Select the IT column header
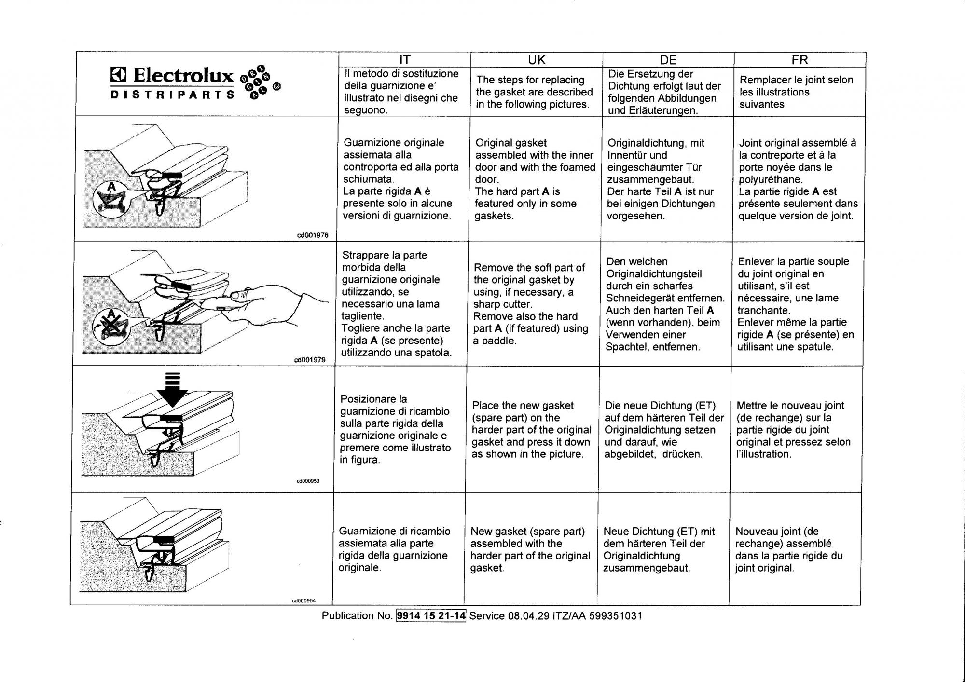404,60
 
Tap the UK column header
537,60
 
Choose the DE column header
668,60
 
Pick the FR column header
800,60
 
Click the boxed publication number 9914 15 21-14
431,616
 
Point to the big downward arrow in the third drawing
173,390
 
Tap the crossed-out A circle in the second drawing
112,321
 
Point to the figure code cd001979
310,360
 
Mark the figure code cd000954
304,601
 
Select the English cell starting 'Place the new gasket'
531,430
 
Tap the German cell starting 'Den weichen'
665,304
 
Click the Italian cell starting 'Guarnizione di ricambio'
394,549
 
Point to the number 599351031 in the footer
615,616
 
